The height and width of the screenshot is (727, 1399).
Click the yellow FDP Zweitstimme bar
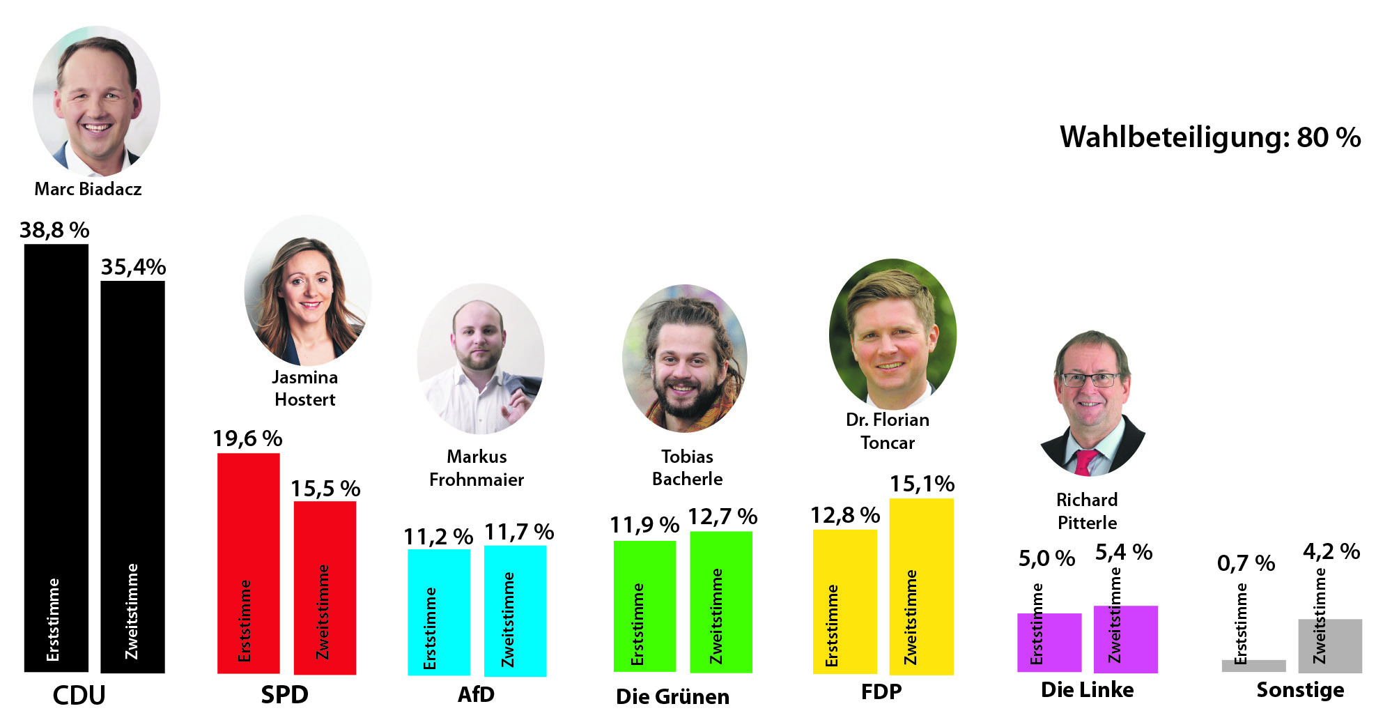point(921,586)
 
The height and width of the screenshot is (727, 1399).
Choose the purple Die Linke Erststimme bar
point(1049,642)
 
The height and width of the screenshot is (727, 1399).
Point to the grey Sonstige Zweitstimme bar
point(1329,645)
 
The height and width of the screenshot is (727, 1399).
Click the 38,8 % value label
point(54,230)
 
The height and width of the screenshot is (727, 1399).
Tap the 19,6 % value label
point(247,438)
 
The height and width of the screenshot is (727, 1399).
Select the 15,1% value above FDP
point(922,484)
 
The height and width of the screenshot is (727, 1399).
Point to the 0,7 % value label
point(1246,563)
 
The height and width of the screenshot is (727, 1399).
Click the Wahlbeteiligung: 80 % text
point(1210,137)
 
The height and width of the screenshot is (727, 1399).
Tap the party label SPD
point(284,695)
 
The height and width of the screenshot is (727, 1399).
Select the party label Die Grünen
point(672,696)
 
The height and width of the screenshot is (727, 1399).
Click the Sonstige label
point(1300,690)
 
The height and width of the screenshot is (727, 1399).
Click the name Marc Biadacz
point(88,189)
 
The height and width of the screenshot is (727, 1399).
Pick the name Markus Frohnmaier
point(477,468)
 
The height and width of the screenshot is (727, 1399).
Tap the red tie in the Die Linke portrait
point(1083,462)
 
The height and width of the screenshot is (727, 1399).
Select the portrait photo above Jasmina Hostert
point(307,291)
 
